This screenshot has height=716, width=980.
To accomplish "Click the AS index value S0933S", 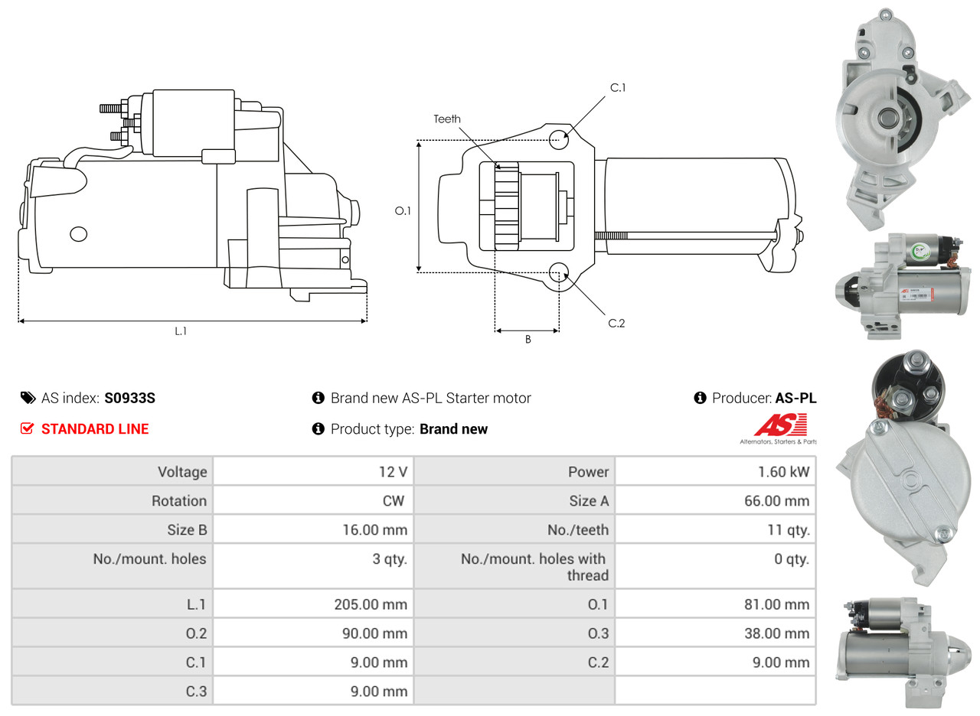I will coord(130,398).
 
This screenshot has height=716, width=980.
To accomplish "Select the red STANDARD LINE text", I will coord(95,429).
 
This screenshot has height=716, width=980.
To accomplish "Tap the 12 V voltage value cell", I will coord(392,472).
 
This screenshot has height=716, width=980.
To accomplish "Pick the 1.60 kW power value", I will coord(783,472).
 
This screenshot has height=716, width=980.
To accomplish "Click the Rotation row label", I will coord(178,501).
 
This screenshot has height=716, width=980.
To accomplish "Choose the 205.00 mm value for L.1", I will coord(371,604).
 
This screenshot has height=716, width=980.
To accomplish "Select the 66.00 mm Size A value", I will coord(776,501).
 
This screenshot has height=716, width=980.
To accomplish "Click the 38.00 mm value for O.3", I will coord(776,633).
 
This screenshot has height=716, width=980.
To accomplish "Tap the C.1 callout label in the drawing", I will coord(617,88).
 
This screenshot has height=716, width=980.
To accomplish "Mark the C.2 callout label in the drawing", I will coord(616,324).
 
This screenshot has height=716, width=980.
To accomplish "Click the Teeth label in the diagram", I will coord(447,119).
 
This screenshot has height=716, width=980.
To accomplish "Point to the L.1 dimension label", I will coord(181,331).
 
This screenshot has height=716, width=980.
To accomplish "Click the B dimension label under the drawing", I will coord(528,340).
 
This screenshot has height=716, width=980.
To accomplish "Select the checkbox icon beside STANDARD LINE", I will coord(27,429).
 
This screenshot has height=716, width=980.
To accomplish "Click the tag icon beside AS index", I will coord(28,398).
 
